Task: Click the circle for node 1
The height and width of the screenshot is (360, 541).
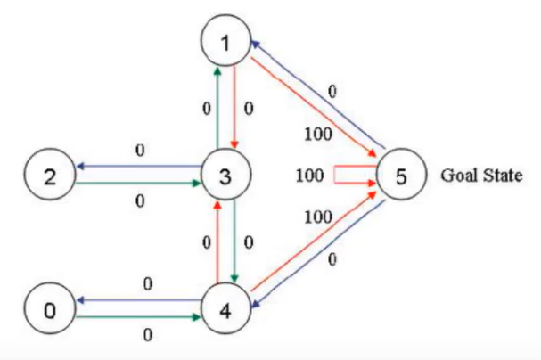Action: tap(225, 42)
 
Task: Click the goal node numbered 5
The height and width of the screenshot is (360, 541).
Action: tap(400, 175)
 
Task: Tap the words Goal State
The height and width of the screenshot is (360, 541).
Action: tap(481, 175)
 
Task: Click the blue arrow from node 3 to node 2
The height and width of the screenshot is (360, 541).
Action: tap(138, 166)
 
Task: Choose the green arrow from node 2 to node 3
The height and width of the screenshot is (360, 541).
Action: tap(138, 184)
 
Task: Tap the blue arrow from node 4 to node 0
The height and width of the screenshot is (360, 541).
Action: tap(138, 300)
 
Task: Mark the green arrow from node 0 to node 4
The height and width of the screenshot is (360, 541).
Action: tap(138, 317)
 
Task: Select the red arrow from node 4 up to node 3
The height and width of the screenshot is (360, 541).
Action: tap(217, 242)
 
